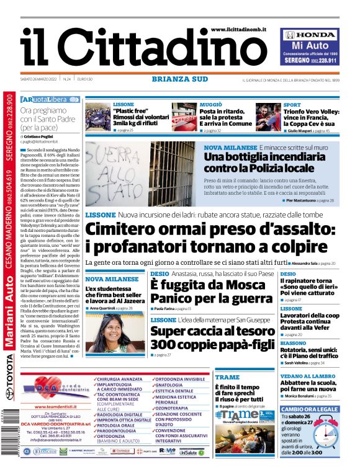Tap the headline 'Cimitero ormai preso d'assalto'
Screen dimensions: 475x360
[x=210, y=238]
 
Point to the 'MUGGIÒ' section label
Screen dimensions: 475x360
[x=211, y=105]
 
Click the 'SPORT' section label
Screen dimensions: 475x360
[x=292, y=105]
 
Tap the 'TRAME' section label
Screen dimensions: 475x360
[x=227, y=377]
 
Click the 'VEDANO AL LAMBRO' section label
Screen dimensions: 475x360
[x=305, y=376]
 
